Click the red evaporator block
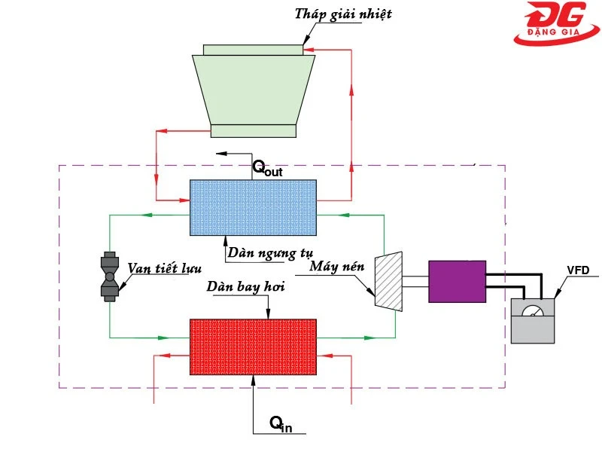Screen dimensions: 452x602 coord(253,347)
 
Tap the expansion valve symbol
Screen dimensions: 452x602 coord(110,276)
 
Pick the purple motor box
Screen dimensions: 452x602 coord(457,281)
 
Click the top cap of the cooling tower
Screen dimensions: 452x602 coord(253,50)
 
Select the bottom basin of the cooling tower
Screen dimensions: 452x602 coord(253,130)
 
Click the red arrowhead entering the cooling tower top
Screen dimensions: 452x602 coord(308,50)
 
